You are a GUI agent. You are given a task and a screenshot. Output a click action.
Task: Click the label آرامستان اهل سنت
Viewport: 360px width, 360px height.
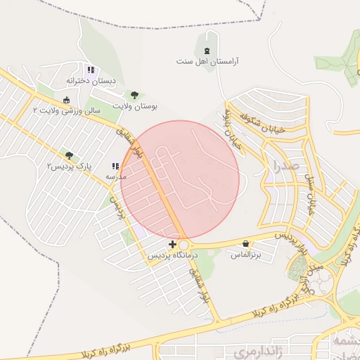(207, 62)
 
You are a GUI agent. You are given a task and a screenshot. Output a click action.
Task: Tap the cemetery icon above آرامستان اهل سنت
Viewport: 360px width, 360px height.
(206, 51)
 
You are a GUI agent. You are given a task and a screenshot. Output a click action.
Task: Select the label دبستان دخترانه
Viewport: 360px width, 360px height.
(90, 82)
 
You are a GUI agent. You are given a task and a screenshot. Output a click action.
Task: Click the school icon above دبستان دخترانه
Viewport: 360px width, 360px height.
(91, 70)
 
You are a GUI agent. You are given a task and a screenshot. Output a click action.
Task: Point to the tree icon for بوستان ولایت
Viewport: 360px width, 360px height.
(134, 95)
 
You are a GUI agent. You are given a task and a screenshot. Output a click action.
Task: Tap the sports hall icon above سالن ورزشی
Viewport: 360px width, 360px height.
(66, 100)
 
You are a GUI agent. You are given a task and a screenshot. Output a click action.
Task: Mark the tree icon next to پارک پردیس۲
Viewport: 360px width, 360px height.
(69, 155)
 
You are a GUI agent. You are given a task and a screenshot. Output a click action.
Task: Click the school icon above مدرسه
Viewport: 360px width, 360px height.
(115, 167)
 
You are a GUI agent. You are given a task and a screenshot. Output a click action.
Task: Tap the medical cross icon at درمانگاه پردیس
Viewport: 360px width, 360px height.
(173, 244)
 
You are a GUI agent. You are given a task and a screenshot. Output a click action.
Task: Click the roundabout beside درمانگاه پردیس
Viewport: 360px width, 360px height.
(183, 245)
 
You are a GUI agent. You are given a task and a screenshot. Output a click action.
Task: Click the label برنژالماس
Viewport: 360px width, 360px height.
(246, 255)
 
